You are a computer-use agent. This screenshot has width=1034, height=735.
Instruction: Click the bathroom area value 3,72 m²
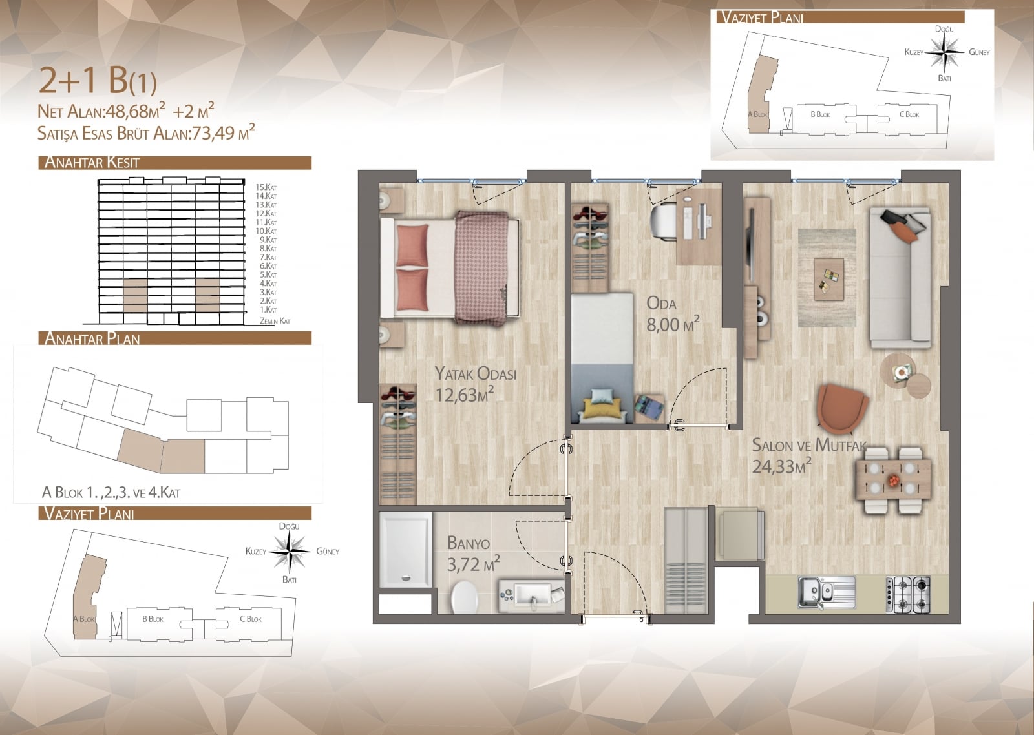pyautogui.click(x=474, y=564)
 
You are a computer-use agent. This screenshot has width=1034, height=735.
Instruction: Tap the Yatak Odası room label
pyautogui.click(x=476, y=373)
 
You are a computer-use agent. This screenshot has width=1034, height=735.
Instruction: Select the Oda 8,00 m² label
pyautogui.click(x=673, y=314)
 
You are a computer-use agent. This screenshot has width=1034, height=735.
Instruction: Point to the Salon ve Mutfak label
pyautogui.click(x=809, y=445)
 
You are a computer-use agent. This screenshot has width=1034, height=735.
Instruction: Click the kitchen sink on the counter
pyautogui.click(x=827, y=594)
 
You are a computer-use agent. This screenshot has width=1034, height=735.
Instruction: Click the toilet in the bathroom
pyautogui.click(x=464, y=597)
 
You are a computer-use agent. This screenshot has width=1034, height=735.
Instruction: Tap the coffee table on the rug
pyautogui.click(x=829, y=280)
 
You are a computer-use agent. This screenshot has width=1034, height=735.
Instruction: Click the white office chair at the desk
pyautogui.click(x=664, y=222)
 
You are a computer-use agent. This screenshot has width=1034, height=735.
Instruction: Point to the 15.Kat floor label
pyautogui.click(x=266, y=187)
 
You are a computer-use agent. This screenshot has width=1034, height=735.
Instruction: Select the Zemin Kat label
pyautogui.click(x=275, y=320)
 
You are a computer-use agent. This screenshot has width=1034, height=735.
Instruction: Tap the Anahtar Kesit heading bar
pyautogui.click(x=175, y=163)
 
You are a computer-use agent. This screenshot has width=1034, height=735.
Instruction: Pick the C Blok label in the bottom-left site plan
pyautogui.click(x=251, y=619)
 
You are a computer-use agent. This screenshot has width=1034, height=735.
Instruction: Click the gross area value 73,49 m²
pyautogui.click(x=223, y=132)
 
